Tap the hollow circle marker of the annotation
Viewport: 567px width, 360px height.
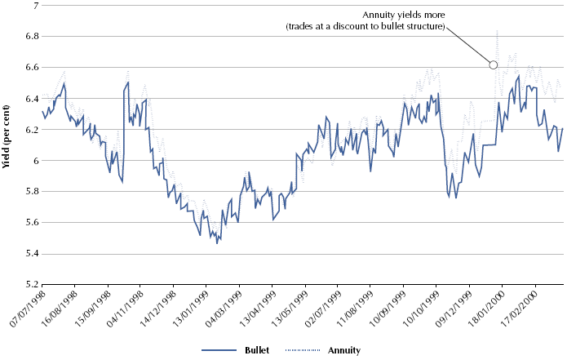point(493,65)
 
